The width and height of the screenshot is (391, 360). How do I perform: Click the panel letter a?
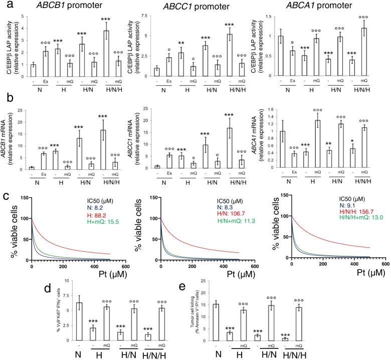click(x=6, y=6)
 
